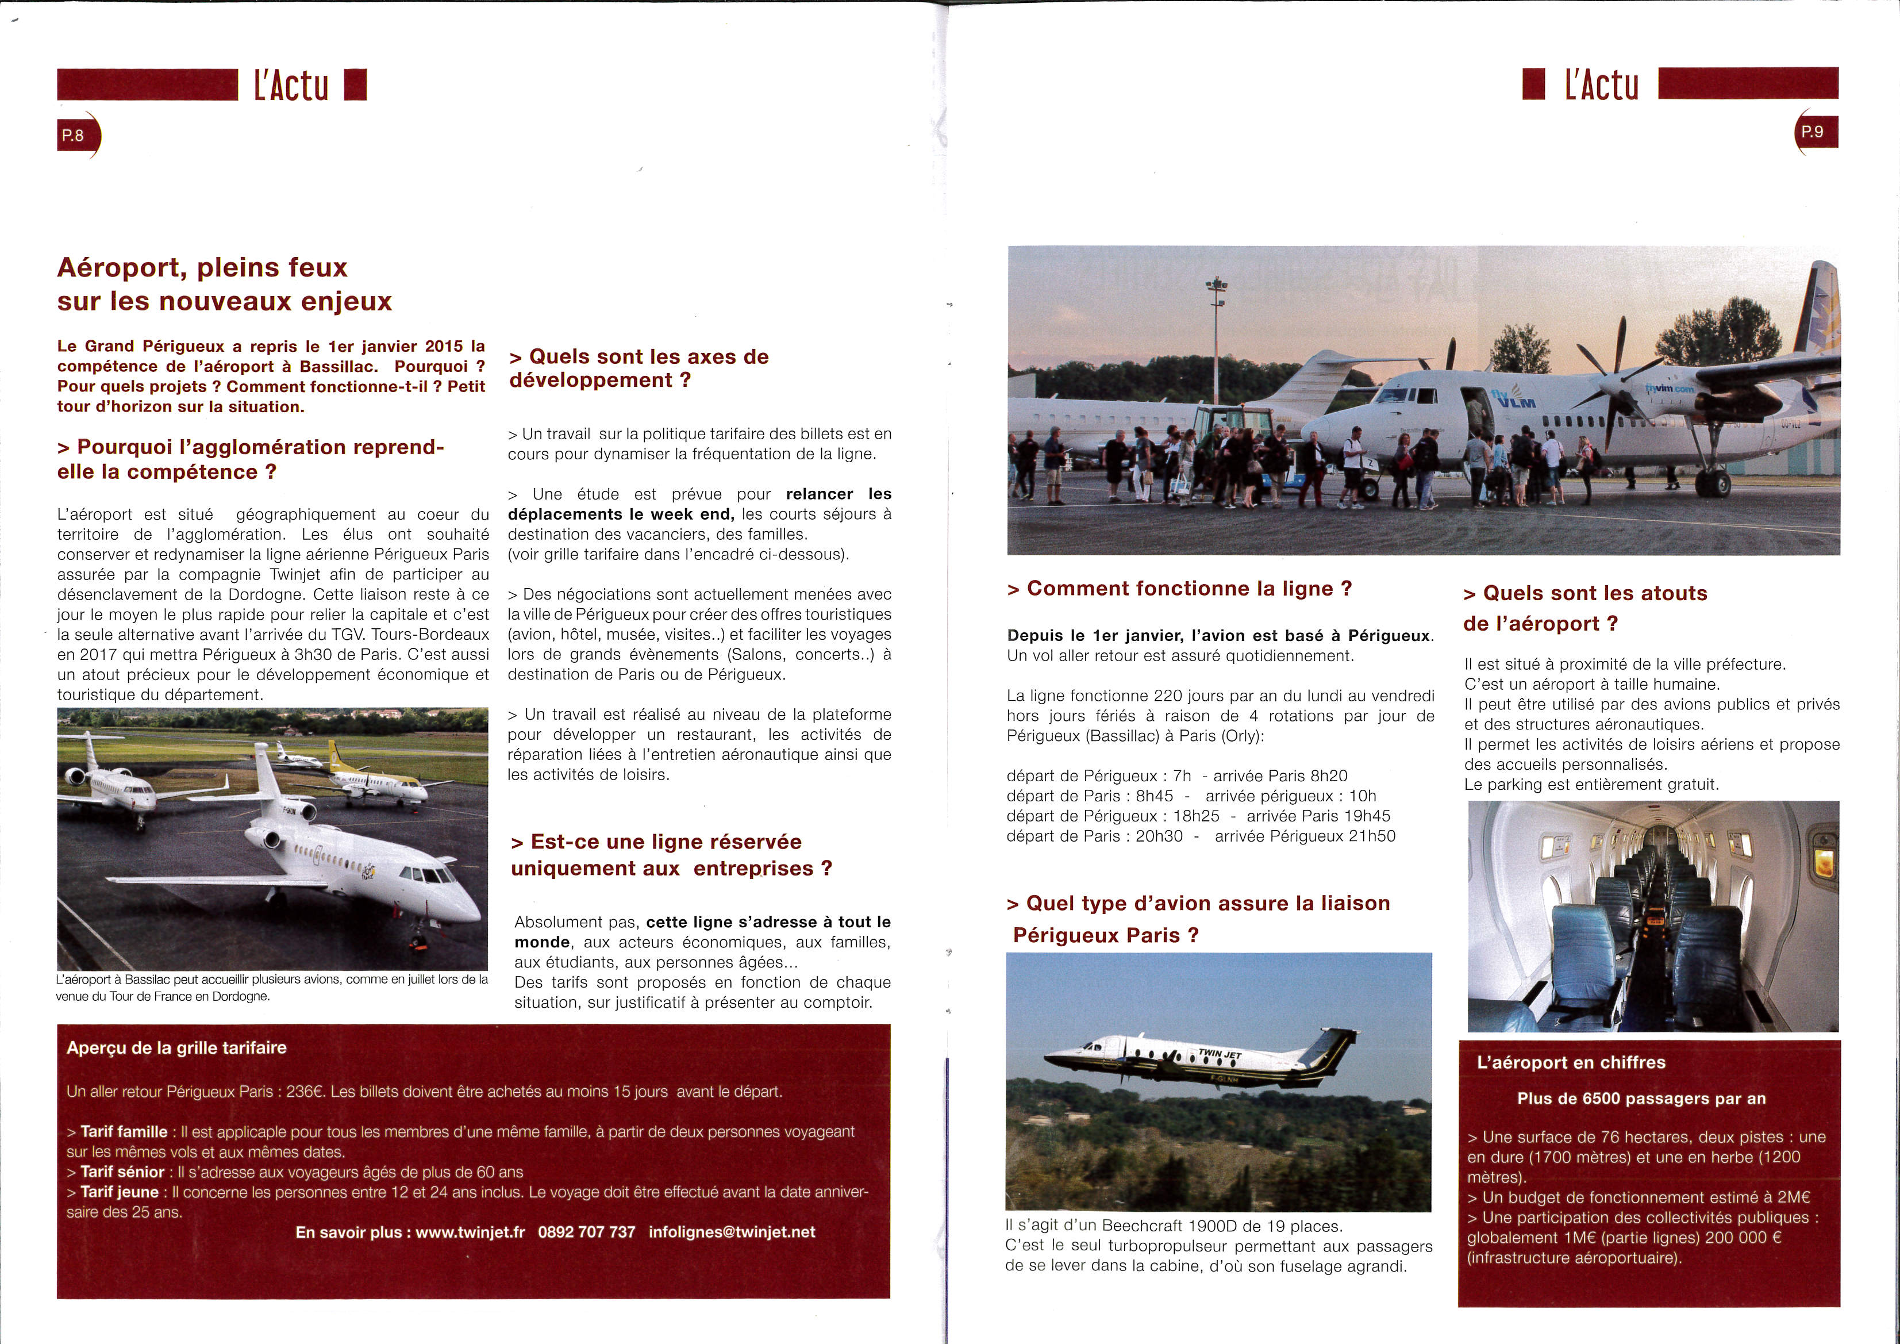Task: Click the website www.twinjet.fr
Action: click(470, 1232)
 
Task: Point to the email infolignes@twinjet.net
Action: click(732, 1232)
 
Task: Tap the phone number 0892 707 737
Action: click(587, 1232)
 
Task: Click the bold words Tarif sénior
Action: click(122, 1172)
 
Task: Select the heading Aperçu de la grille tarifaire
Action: click(176, 1048)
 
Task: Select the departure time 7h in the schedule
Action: click(1182, 775)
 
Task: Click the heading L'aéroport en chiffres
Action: click(1571, 1063)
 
